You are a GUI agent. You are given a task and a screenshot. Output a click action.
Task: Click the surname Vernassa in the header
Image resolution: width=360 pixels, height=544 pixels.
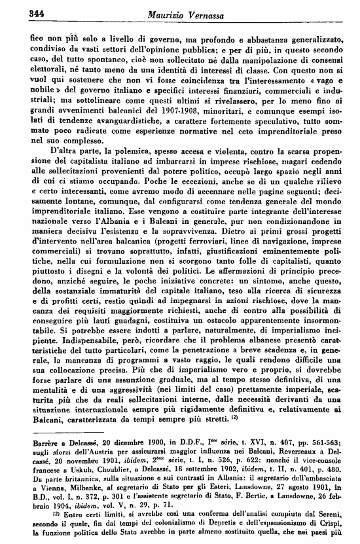pyautogui.click(x=204, y=14)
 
